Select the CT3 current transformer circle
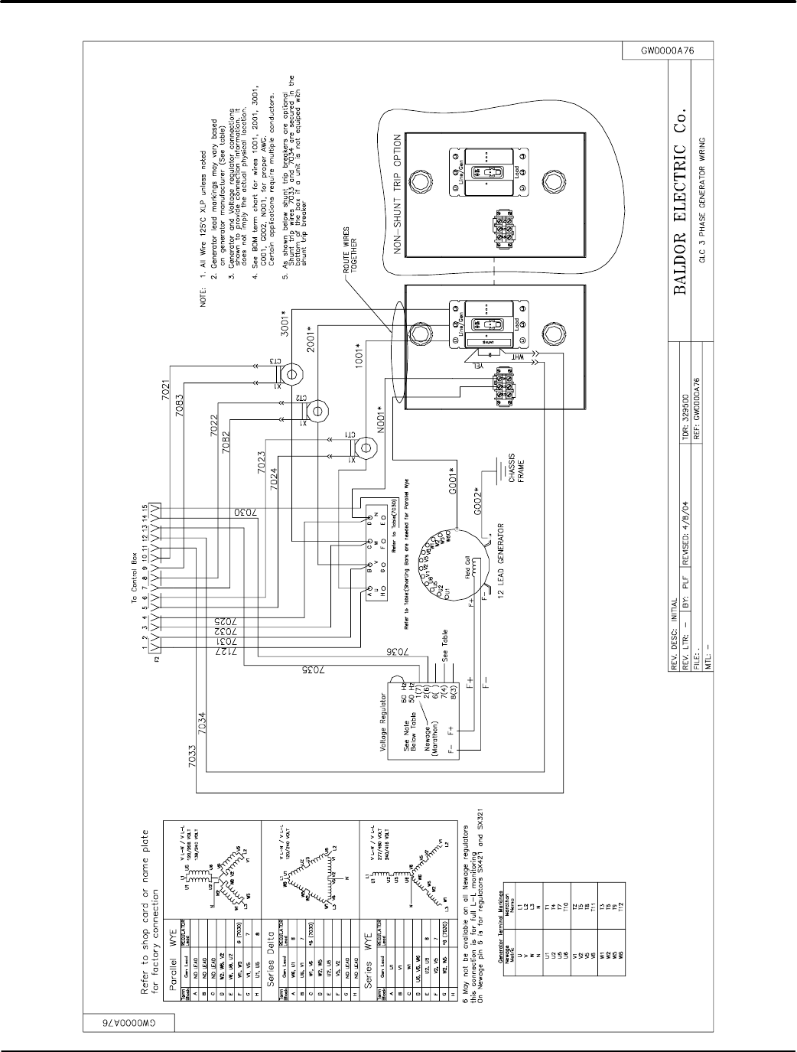[291, 373]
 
